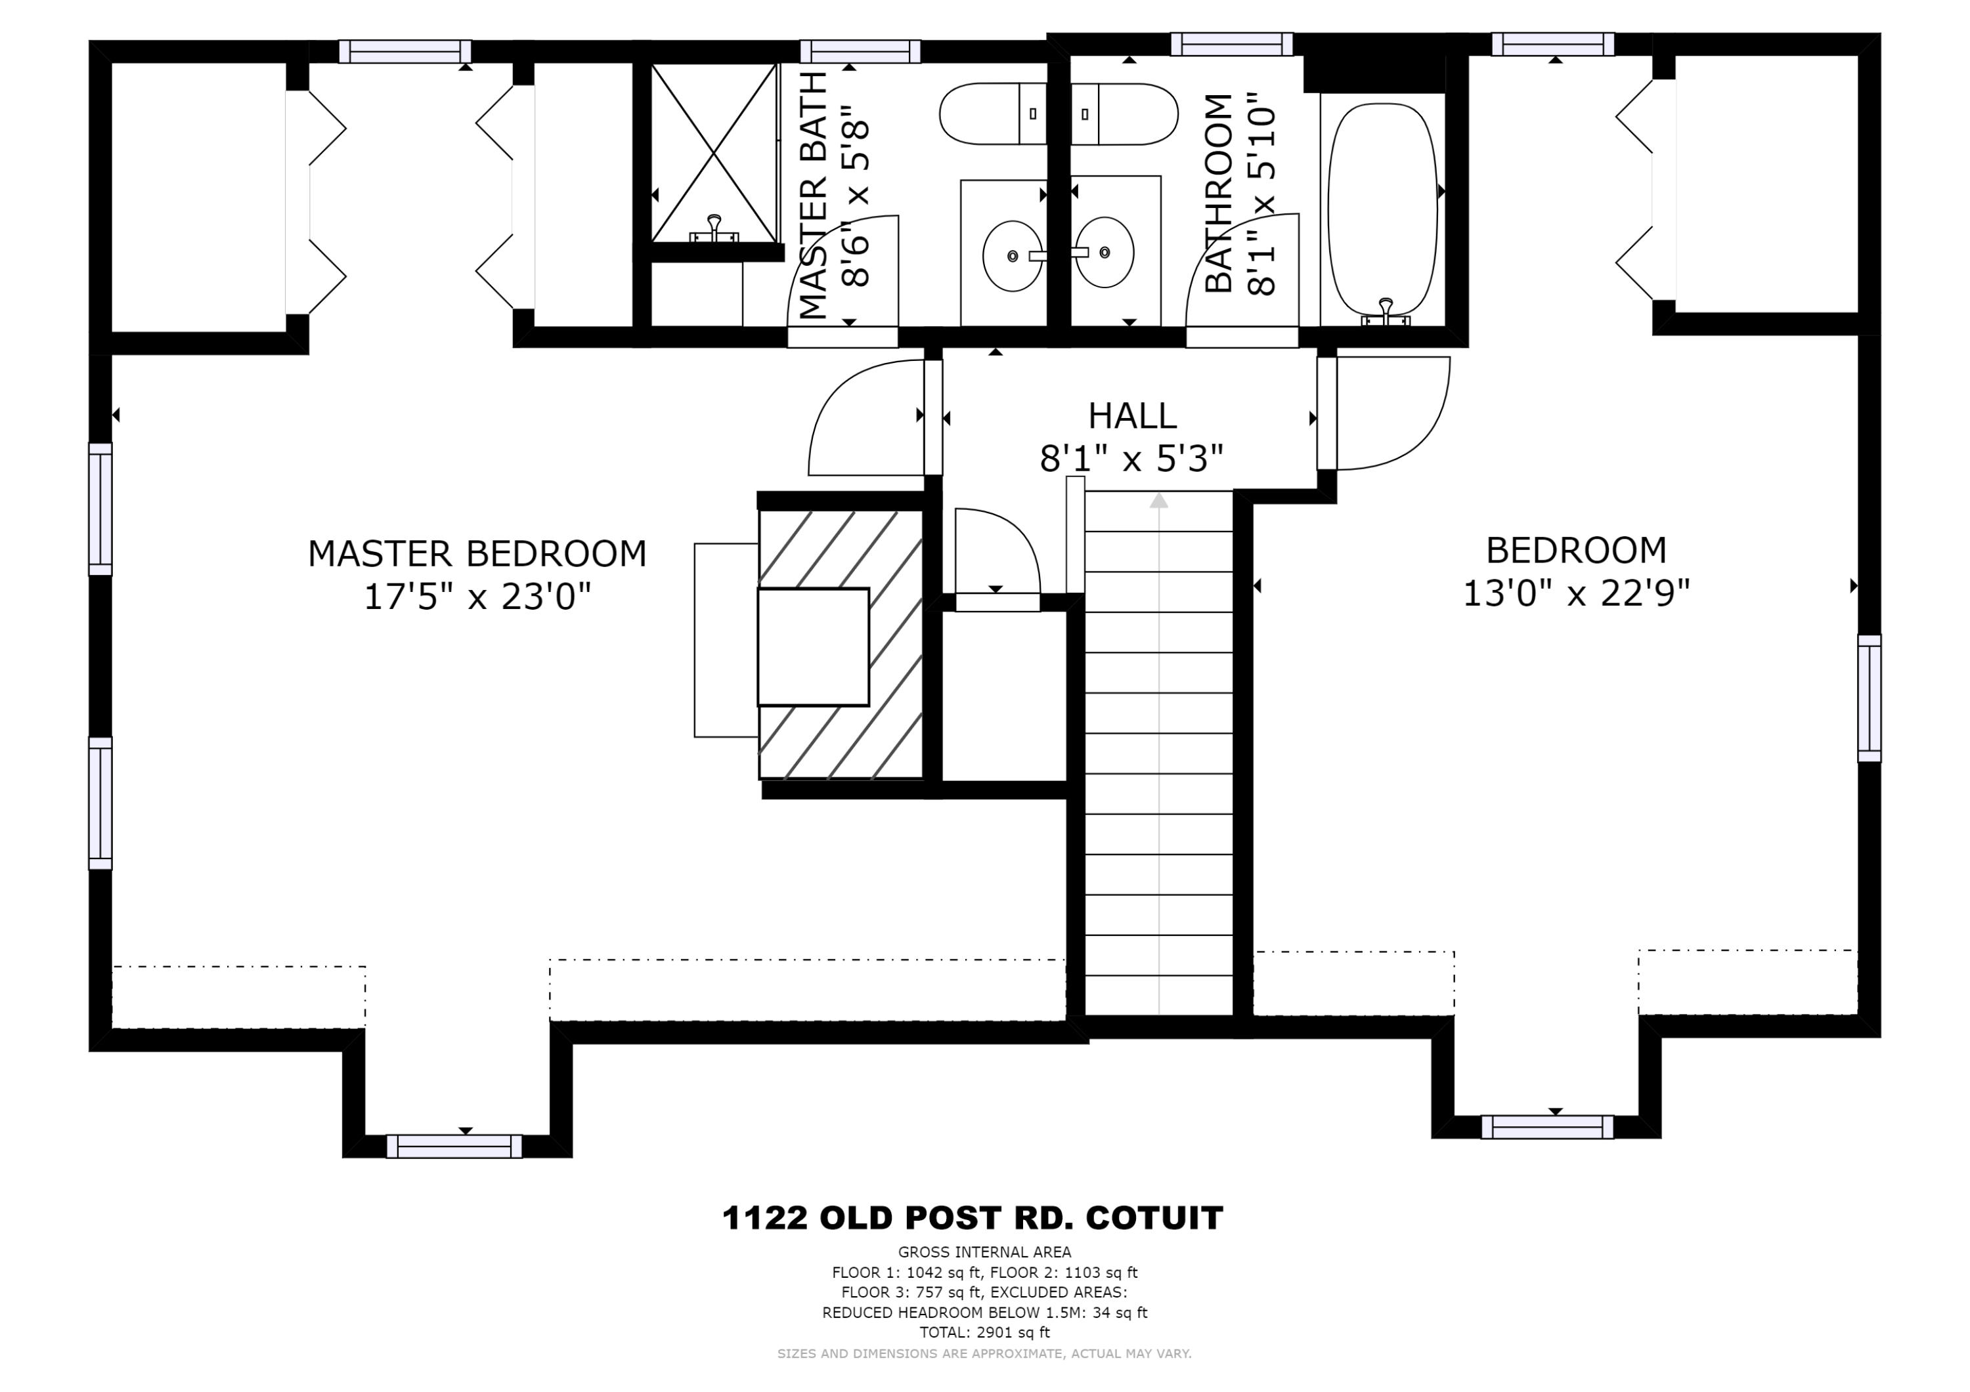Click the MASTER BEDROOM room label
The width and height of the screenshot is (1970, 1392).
click(x=477, y=554)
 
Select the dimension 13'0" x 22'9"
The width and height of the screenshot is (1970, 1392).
click(x=1576, y=593)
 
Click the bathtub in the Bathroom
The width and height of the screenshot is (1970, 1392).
click(x=1382, y=210)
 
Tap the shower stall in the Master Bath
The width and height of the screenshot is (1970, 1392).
click(x=714, y=153)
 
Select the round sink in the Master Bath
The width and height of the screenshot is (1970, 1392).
click(x=1013, y=255)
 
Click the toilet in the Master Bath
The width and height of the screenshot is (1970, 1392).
click(x=994, y=114)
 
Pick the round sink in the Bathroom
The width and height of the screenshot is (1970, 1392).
click(x=1105, y=252)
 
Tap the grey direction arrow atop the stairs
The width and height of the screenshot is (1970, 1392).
click(x=1159, y=500)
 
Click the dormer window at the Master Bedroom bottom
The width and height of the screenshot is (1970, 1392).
click(x=454, y=1146)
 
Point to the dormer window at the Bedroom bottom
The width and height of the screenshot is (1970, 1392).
click(x=1547, y=1127)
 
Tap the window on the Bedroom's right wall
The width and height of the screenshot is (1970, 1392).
click(x=1870, y=698)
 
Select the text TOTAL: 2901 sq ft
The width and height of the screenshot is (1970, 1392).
click(x=985, y=1332)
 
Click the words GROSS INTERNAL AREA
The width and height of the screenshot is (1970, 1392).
click(x=985, y=1252)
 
